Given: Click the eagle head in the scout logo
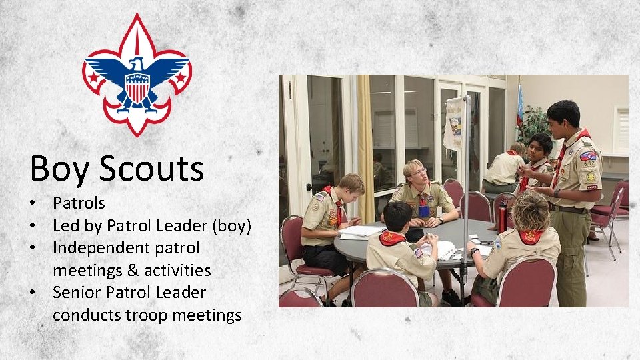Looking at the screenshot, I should (x=137, y=65).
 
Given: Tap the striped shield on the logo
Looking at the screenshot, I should (x=137, y=87).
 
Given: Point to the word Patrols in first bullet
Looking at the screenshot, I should (x=79, y=203).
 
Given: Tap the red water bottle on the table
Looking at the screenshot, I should (x=501, y=218).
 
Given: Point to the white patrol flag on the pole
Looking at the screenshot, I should (x=454, y=123).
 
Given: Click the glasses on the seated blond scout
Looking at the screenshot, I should (x=418, y=173).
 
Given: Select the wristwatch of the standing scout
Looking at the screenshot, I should (x=556, y=193).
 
